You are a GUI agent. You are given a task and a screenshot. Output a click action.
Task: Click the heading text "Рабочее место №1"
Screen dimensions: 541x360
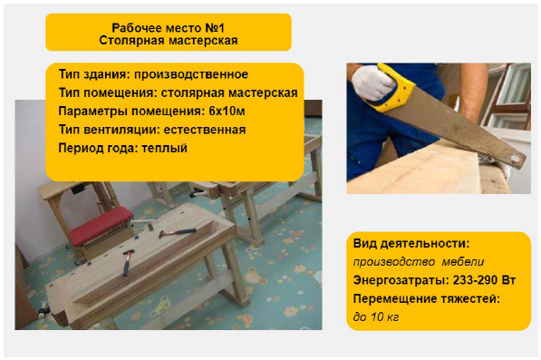coord(169,27)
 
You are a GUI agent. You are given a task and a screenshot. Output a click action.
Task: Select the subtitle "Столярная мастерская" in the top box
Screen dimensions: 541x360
coord(169,41)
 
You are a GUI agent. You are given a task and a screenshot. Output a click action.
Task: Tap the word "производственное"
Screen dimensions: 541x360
coord(191,74)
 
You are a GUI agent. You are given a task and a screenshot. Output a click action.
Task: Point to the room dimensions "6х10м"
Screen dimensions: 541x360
coord(227,112)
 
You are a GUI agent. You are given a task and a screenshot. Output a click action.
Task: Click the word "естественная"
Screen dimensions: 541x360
coord(205,130)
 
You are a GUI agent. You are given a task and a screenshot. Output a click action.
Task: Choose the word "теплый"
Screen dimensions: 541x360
coord(165,149)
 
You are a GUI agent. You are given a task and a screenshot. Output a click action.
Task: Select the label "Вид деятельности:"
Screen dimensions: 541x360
coord(411,244)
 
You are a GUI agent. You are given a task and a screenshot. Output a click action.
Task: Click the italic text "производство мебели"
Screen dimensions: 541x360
coord(419,262)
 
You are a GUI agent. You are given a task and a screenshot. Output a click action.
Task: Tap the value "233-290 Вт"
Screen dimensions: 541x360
coord(484,280)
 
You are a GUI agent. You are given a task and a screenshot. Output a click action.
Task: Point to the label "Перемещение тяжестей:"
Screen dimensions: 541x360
coord(427,299)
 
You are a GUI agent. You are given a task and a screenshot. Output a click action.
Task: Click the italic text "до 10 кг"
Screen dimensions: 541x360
coord(376,316)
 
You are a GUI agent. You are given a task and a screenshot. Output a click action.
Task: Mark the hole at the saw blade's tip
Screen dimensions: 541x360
coord(516,159)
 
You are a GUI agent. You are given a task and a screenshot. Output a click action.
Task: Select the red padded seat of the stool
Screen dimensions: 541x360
coord(101,226)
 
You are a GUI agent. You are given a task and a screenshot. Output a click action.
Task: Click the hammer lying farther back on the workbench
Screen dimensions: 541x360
coord(178,233)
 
